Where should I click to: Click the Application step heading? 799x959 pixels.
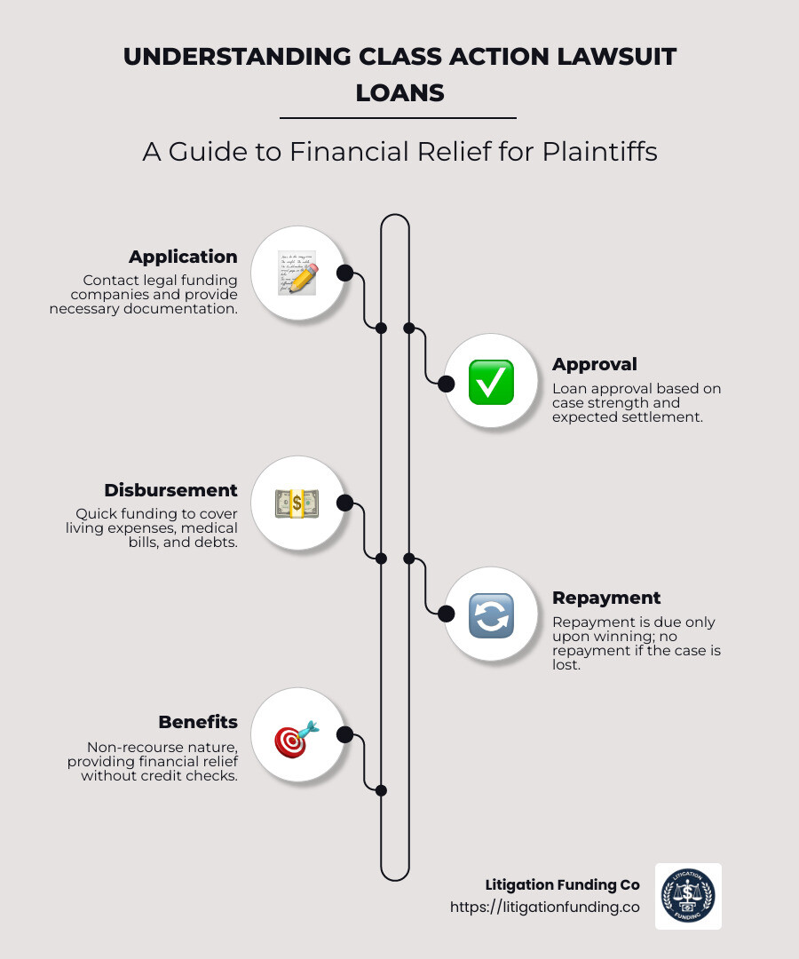(183, 257)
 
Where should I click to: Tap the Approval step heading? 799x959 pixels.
(595, 364)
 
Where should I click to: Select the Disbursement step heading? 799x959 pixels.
(170, 490)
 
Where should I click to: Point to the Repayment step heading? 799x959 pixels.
(606, 598)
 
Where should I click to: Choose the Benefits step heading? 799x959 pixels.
(198, 722)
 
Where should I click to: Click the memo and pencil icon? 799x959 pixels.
(297, 273)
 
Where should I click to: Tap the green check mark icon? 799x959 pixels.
(491, 383)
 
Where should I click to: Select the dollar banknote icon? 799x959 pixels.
(297, 503)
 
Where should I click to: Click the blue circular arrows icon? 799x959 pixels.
(491, 614)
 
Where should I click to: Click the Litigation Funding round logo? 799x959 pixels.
(688, 896)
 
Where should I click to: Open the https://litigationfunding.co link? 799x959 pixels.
(544, 907)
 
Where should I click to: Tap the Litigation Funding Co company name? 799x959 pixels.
(562, 884)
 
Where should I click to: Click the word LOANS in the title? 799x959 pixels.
(399, 92)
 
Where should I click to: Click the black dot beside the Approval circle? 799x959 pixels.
(447, 384)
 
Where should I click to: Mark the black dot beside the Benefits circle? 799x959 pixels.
(345, 734)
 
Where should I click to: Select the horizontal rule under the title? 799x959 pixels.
(398, 118)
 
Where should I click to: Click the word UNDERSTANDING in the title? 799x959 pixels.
(238, 57)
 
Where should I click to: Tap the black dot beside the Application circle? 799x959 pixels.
(345, 273)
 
